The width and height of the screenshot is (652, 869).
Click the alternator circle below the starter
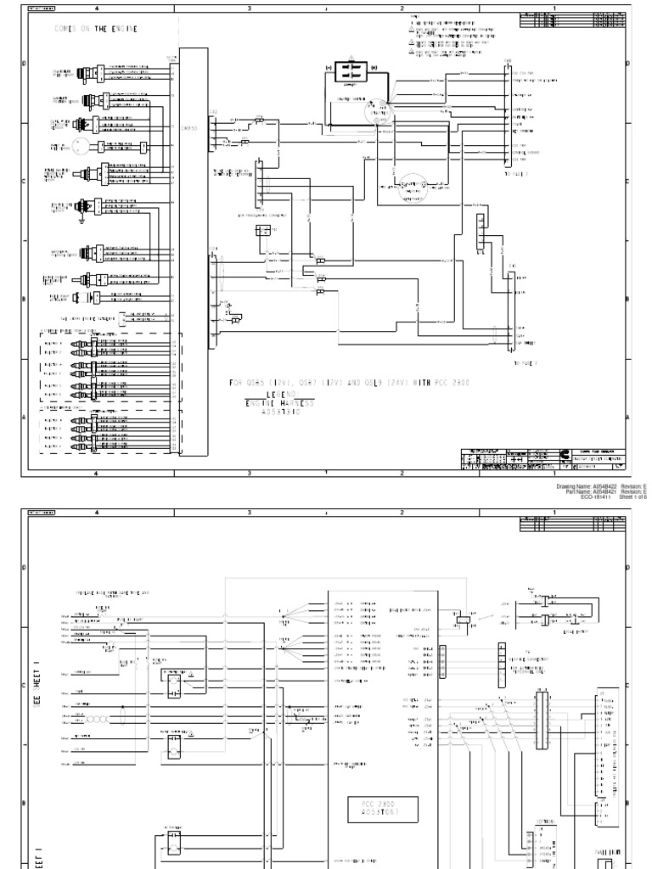413,185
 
